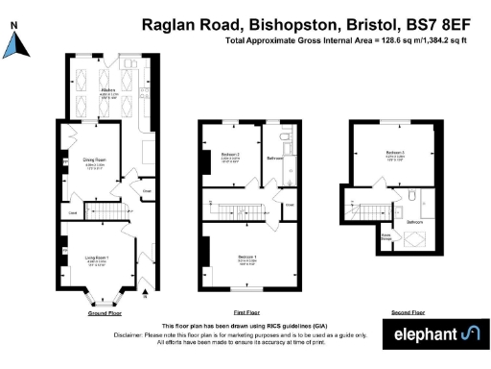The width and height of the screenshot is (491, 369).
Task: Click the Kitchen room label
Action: [x=108, y=90]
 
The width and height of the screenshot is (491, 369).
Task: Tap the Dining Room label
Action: [x=93, y=162]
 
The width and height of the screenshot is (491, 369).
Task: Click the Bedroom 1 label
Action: [x=246, y=257]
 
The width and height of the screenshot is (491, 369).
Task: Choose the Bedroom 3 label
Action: [x=395, y=153]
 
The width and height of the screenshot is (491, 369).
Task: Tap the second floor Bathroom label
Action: [x=414, y=222]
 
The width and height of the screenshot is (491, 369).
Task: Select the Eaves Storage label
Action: [x=387, y=236]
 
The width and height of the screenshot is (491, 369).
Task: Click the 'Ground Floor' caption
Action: [x=105, y=313]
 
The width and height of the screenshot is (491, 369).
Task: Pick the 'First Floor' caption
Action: [x=246, y=313]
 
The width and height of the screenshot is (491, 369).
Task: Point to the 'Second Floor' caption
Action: [x=409, y=313]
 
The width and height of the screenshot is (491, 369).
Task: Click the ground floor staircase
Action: [x=104, y=209]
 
